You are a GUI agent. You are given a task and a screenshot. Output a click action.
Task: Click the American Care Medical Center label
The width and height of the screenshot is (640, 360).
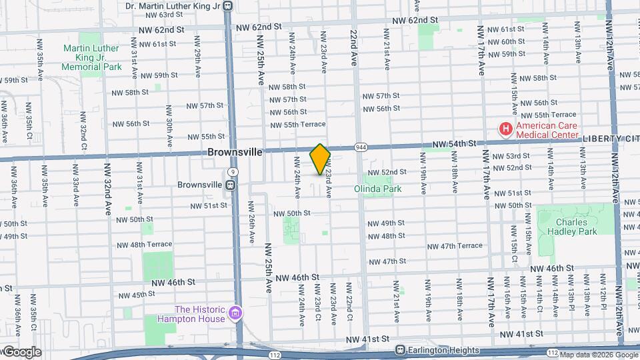[547, 130]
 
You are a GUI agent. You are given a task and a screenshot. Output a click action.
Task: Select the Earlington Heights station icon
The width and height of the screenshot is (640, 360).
[400, 350]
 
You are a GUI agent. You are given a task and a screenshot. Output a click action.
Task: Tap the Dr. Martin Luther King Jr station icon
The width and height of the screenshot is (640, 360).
[228, 6]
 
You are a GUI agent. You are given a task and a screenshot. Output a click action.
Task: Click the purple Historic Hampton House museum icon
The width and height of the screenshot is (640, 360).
[234, 313]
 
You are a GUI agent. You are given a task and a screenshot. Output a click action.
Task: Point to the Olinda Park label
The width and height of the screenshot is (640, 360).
[377, 189]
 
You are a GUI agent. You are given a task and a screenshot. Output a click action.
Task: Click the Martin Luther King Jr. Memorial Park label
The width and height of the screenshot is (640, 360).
[91, 57]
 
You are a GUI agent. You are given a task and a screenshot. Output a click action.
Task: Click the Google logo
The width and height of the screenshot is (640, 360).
[21, 352]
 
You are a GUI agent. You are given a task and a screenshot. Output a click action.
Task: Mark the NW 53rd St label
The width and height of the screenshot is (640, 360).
[512, 156]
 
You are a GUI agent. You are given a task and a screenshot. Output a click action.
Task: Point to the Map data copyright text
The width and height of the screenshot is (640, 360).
[598, 355]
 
